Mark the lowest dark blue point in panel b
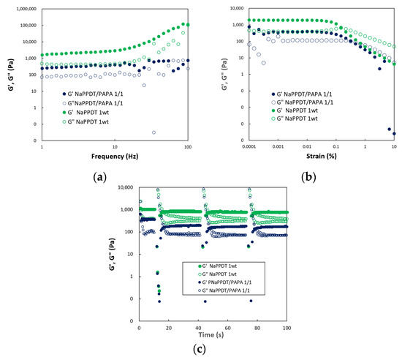pos(394,134)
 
